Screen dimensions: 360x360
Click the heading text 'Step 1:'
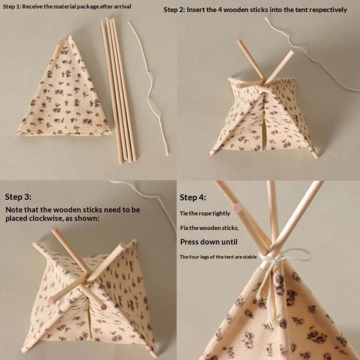click(x=12, y=6)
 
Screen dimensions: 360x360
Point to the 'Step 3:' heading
click(x=18, y=197)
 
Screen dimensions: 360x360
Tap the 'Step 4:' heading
click(x=193, y=197)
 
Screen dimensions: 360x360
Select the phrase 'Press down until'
click(x=209, y=242)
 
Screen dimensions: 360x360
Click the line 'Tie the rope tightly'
click(x=205, y=213)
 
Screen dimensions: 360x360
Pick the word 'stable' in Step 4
click(x=250, y=256)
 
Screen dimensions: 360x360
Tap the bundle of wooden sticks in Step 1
click(x=118, y=91)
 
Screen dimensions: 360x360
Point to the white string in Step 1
click(x=149, y=89)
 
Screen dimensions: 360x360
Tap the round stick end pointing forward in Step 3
click(x=103, y=306)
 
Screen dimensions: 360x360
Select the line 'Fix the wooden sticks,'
click(x=209, y=228)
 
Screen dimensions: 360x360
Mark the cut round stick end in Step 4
click(x=238, y=209)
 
